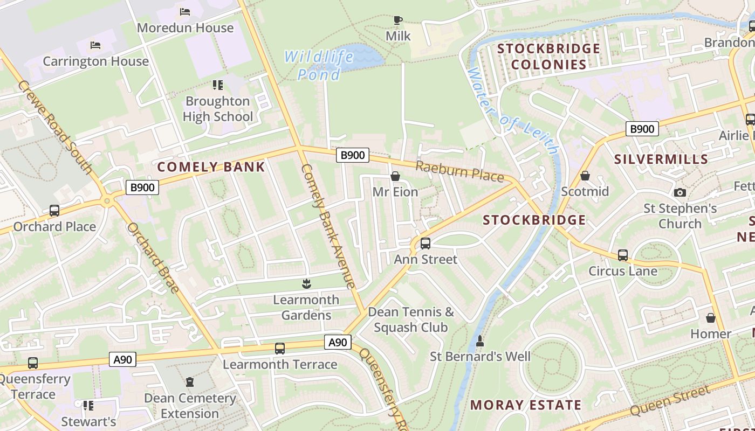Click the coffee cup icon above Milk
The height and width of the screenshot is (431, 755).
[398, 20]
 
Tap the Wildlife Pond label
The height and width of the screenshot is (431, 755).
[319, 65]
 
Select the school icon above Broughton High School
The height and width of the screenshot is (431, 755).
[218, 85]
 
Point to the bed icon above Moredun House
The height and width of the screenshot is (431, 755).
[185, 12]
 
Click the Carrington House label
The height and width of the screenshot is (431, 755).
[95, 61]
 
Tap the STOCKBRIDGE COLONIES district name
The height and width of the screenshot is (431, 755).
[548, 57]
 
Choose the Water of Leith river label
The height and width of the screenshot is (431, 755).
[512, 110]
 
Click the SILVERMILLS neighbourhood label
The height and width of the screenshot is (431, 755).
[661, 159]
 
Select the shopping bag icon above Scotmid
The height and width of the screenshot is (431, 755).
[585, 176]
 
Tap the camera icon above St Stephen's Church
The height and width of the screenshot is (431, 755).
[680, 192]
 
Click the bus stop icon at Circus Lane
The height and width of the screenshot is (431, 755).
[623, 255]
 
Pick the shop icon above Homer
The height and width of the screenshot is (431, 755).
[711, 318]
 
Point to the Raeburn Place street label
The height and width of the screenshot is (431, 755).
[459, 171]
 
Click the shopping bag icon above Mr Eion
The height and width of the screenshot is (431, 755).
[395, 176]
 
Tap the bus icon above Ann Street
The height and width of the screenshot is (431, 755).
[425, 244]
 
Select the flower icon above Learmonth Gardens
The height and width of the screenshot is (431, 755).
[306, 283]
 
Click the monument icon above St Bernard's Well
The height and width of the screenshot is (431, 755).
[480, 340]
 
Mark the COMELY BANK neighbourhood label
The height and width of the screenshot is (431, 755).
[211, 167]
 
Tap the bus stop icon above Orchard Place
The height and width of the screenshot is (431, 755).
[54, 211]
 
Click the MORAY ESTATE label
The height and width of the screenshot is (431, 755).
[526, 405]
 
